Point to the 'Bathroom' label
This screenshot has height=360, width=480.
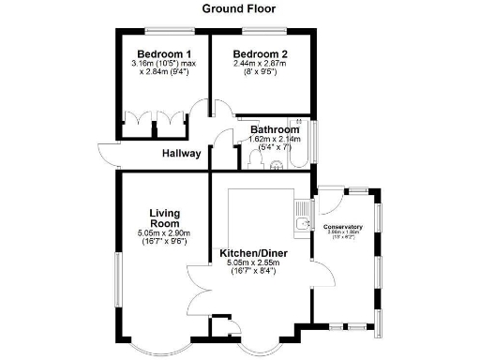pyautogui.click(x=274, y=129)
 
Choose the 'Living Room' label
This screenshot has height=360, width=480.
pyautogui.click(x=163, y=217)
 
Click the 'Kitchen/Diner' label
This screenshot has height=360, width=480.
pyautogui.click(x=253, y=253)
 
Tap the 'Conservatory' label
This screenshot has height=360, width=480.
pyautogui.click(x=342, y=227)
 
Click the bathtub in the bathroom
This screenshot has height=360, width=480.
pyautogui.click(x=298, y=142)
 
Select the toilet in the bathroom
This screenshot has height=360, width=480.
pyautogui.click(x=274, y=163)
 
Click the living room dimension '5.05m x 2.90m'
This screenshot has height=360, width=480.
pyautogui.click(x=162, y=233)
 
